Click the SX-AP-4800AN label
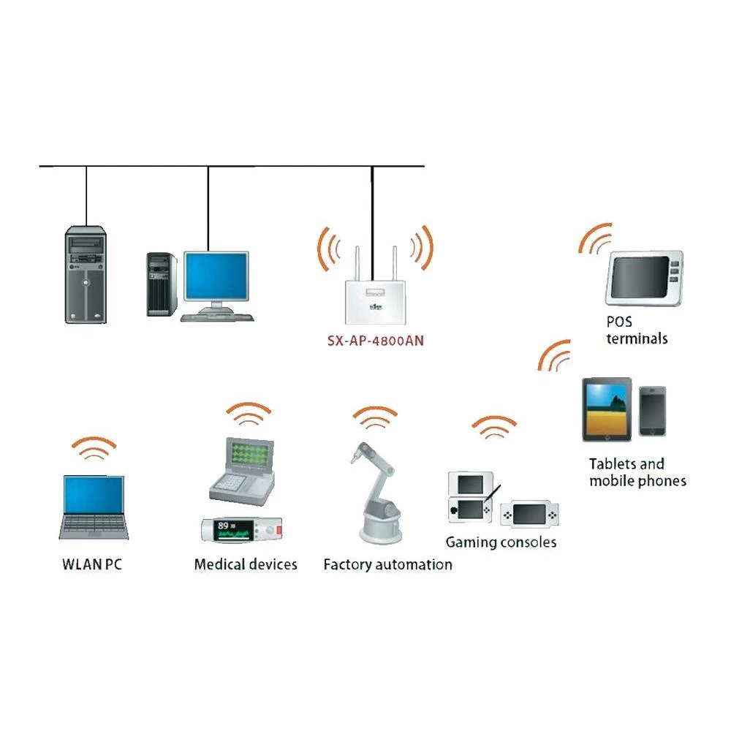click(374, 339)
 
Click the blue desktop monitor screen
click(216, 276)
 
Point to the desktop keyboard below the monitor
click(218, 318)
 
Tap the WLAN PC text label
click(91, 564)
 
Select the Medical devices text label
click(246, 564)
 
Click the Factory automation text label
click(387, 564)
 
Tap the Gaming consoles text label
click(501, 542)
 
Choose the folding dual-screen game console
click(470, 496)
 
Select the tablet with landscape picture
click(607, 409)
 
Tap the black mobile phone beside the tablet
click(652, 412)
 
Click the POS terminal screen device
click(643, 278)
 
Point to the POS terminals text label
click(637, 330)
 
